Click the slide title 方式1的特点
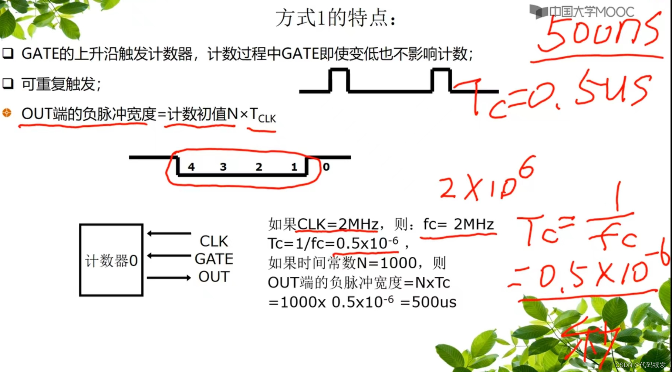[335, 18]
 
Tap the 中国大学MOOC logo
[581, 12]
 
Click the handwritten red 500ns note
[599, 33]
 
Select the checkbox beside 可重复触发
[8, 84]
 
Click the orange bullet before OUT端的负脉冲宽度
[7, 113]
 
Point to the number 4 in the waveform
[191, 167]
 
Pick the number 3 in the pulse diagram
[223, 167]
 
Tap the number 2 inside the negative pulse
[259, 167]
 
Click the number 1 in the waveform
[294, 167]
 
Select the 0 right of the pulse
[326, 167]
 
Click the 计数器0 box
[111, 260]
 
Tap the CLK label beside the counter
[214, 241]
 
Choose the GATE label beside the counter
[214, 259]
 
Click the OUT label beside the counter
[214, 277]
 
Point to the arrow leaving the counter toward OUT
[169, 277]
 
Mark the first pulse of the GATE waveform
[339, 79]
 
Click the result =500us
[429, 302]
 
